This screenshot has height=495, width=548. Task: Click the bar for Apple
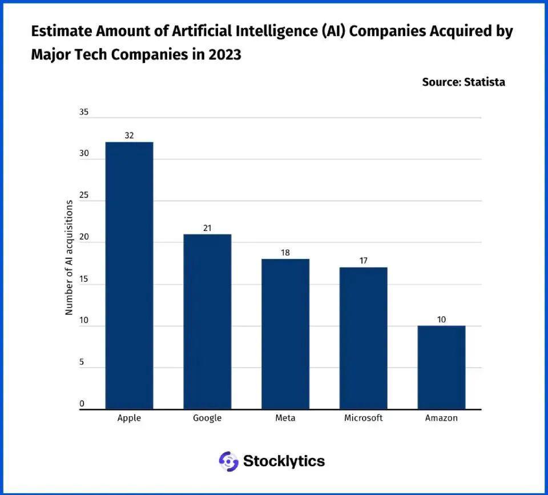(129, 276)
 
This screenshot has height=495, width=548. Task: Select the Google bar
(207, 322)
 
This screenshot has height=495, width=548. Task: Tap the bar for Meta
(285, 334)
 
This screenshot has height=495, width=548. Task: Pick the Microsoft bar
(363, 338)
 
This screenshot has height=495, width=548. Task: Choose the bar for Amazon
(441, 368)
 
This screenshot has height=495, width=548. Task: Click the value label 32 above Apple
(129, 135)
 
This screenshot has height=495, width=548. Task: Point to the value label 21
(207, 228)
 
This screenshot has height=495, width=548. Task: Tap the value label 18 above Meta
(285, 253)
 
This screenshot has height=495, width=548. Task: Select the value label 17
(363, 261)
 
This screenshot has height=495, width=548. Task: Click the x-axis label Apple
(129, 418)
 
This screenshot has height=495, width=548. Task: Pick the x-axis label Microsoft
(363, 418)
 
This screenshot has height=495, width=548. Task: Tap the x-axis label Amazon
(441, 418)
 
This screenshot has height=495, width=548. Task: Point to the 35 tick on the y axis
(84, 113)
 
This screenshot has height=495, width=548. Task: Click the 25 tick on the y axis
(84, 196)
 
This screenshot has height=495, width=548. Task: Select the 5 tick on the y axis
(82, 362)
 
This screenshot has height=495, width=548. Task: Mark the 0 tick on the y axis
(82, 404)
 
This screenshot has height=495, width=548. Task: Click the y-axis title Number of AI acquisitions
(69, 257)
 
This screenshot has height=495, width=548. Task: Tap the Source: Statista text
(464, 82)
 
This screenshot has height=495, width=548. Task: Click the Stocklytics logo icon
(228, 461)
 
